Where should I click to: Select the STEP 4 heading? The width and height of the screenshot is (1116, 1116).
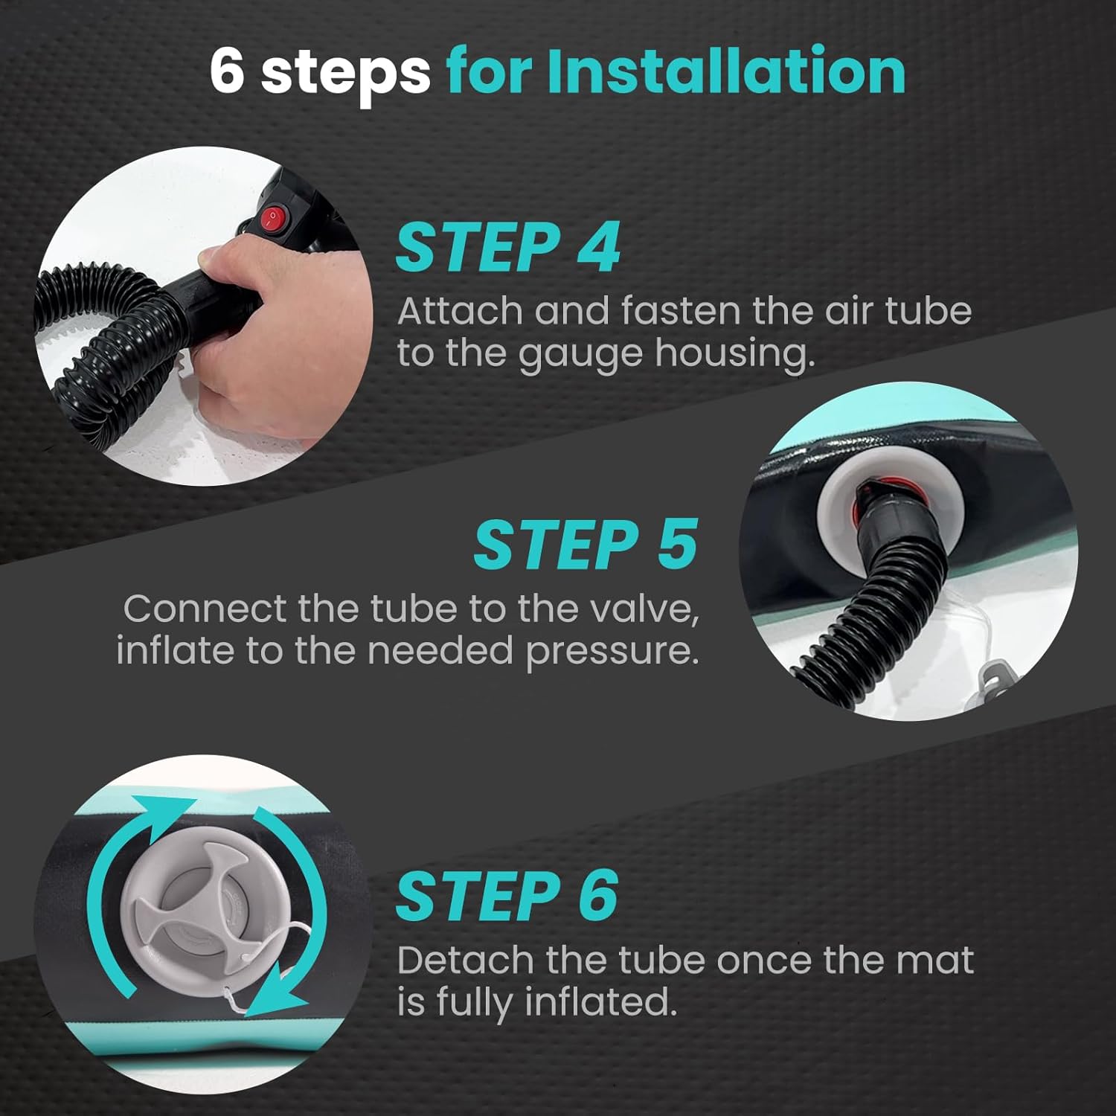click(x=507, y=248)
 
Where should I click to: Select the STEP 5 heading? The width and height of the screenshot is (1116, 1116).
click(x=586, y=544)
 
